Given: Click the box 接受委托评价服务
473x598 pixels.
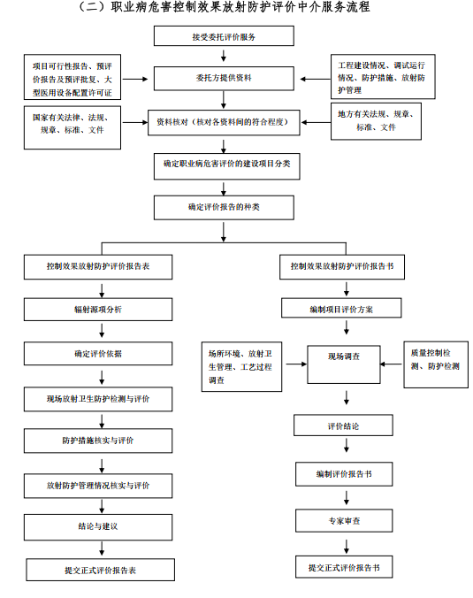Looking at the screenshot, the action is click(224, 36).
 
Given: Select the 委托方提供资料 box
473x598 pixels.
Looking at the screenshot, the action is click(224, 78).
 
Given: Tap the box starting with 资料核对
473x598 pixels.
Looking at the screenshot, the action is click(224, 122).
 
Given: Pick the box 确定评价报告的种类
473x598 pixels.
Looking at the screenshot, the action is click(224, 208).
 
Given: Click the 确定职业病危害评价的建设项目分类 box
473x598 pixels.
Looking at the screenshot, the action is click(227, 166).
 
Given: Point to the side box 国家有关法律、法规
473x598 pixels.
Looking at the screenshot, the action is click(72, 127).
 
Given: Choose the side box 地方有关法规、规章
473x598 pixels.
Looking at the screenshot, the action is click(376, 121).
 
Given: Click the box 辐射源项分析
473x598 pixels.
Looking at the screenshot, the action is click(98, 310).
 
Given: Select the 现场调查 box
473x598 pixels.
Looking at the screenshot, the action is click(343, 364).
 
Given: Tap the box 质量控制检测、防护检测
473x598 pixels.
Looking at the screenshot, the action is click(436, 364).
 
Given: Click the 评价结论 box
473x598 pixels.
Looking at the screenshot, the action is click(343, 425).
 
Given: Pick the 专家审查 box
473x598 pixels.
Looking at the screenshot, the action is click(344, 520).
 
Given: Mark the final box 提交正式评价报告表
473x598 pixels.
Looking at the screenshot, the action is click(100, 570).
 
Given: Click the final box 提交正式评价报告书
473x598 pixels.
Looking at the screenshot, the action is click(344, 567).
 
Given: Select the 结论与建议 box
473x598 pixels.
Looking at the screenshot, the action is click(98, 527).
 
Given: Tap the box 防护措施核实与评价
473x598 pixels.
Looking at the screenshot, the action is click(98, 441).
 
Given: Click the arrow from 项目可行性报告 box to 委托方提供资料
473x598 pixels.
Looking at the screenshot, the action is click(135, 79).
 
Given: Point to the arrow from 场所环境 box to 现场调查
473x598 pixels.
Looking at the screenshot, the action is click(296, 364).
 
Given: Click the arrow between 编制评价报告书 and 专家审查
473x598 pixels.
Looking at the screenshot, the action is click(346, 498).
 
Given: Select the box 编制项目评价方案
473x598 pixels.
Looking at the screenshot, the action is click(341, 308).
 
